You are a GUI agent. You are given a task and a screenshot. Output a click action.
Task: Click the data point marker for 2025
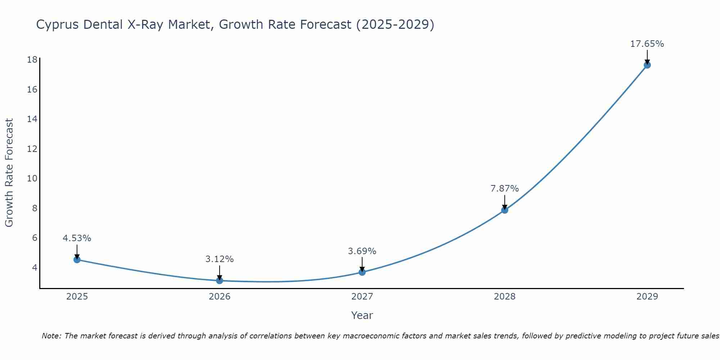click(x=77, y=260)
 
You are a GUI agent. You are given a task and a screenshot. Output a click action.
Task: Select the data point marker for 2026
click(x=220, y=280)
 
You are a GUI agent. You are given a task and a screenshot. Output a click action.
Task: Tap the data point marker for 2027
click(x=362, y=272)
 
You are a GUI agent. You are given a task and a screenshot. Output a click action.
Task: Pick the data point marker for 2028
click(x=505, y=210)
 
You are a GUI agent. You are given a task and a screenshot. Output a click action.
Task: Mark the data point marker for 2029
click(x=647, y=65)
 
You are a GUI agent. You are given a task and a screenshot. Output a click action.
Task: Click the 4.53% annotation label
click(x=77, y=238)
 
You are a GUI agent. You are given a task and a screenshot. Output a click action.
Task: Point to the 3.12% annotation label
click(x=220, y=259)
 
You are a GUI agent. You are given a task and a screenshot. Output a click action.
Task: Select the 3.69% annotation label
click(x=362, y=251)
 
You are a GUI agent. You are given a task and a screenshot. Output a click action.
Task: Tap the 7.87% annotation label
click(x=505, y=189)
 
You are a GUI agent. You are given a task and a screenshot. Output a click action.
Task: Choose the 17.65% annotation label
click(x=647, y=44)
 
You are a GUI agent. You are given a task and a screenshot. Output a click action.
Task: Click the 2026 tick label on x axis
click(x=220, y=297)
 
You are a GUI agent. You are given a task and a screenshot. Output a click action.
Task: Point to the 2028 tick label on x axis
click(x=505, y=297)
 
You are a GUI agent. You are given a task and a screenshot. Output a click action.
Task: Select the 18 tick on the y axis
click(x=32, y=60)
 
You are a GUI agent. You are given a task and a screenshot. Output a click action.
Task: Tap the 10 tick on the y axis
click(x=32, y=179)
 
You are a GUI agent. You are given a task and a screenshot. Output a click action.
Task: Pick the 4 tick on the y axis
click(x=35, y=267)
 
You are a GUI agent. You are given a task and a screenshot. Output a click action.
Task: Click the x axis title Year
click(x=362, y=315)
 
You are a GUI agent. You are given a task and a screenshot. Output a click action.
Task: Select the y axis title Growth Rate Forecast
click(x=9, y=173)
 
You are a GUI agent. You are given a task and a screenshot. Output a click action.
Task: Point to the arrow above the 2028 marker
click(x=505, y=202)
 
